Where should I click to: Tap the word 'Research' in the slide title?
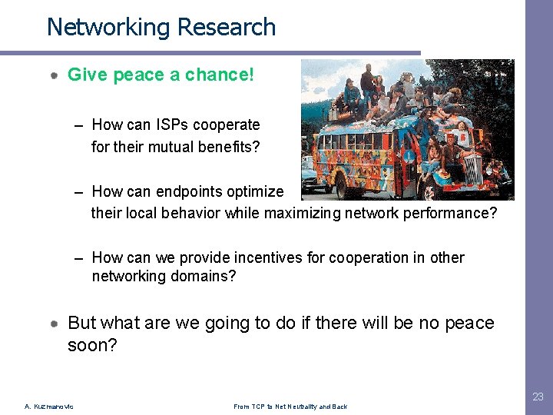tap(226, 28)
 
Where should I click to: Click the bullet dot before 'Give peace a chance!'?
tap(55, 75)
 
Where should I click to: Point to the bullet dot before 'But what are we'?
tap(55, 324)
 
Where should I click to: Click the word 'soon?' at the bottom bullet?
tap(92, 346)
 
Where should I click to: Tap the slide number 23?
tap(538, 397)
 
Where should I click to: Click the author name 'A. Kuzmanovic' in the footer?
tap(50, 407)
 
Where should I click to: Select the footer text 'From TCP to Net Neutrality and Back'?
tap(291, 407)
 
